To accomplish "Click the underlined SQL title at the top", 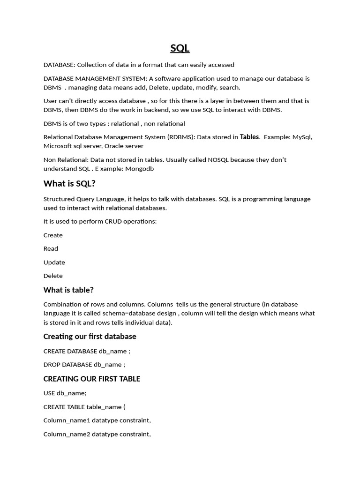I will point(180,48).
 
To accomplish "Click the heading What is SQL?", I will point(69,183).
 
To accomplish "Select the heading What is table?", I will point(68,290).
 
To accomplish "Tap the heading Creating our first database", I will point(90,336).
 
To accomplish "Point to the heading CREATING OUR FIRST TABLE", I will point(92,379).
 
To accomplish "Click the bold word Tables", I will point(249,137).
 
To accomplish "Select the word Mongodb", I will point(139,169).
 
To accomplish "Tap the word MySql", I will point(302,137).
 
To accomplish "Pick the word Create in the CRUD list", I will point(53,235).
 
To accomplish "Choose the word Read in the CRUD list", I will point(51,249).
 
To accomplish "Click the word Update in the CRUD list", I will point(54,262).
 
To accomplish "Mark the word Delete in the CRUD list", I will point(53,276).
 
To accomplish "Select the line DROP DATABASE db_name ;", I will point(84,364).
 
